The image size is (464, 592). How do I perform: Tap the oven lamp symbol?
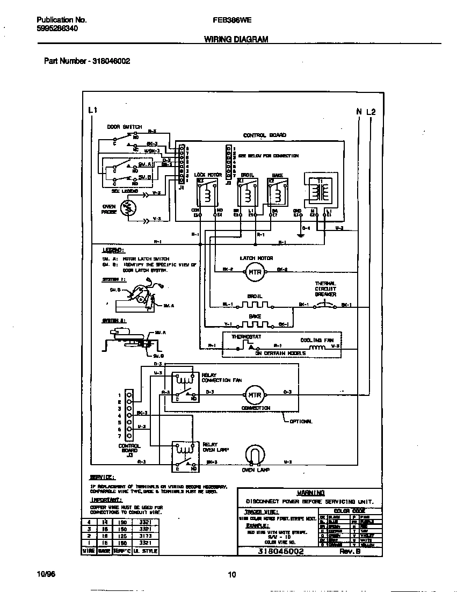(255, 456)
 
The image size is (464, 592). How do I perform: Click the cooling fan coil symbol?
(318, 346)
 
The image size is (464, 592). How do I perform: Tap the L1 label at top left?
(92, 111)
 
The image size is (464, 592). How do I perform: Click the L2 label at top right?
(371, 112)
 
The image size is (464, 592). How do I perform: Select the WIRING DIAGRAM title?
(236, 39)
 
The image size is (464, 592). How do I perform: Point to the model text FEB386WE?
(233, 20)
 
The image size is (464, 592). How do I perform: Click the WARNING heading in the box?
(310, 493)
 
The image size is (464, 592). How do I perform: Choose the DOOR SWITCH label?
(124, 127)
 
